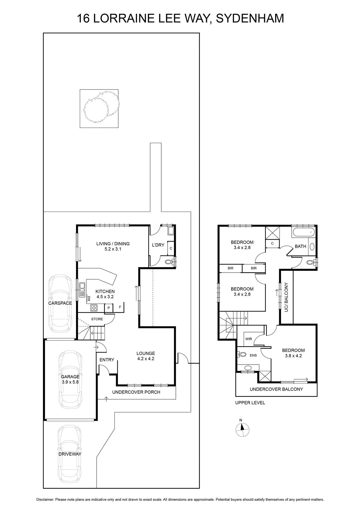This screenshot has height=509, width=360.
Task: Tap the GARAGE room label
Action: coord(70,377)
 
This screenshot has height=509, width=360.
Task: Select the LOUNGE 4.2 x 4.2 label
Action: coord(146,356)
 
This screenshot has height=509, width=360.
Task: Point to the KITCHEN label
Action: coord(105,291)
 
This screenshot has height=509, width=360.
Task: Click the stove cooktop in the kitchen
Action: coord(94,308)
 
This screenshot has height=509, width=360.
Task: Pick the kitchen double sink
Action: coord(82,290)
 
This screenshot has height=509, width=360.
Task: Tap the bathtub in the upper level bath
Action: coord(303,233)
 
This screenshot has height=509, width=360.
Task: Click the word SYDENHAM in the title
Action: coord(250,18)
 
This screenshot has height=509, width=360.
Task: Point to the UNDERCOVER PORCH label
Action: coord(136,392)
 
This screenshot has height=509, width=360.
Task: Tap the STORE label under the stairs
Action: coord(97,319)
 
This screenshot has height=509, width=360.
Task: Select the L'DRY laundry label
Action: coord(158,245)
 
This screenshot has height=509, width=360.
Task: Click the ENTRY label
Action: coord(107,360)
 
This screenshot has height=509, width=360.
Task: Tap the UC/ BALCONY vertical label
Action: coord(286,297)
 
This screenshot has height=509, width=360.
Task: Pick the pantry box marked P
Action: coord(108,308)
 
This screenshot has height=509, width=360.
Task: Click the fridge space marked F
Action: coord(120,307)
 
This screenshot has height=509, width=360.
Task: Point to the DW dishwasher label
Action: coord(89,298)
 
